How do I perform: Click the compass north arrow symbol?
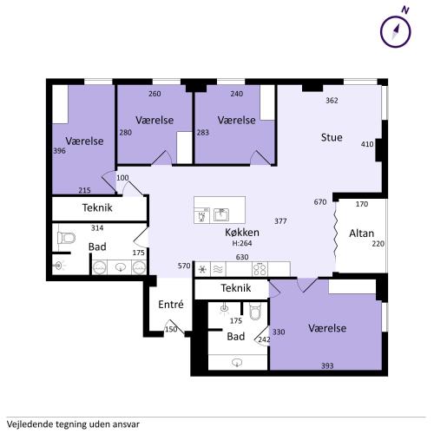coord(396,31)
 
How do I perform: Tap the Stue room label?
coord(332,137)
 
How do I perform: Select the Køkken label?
coord(242,232)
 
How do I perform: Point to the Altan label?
coord(361,233)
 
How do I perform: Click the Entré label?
coord(171,304)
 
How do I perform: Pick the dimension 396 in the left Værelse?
coord(59,151)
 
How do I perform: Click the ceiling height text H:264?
coord(242,243)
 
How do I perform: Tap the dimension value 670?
coord(320,202)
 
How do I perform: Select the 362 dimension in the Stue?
coord(332,101)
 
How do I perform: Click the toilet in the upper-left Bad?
coord(66,238)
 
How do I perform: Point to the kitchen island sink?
coord(221,214)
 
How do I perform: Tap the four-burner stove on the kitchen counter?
coord(260,269)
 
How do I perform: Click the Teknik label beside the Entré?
coord(236,288)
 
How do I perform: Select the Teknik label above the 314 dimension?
coord(97,207)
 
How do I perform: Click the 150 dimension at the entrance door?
coord(171,329)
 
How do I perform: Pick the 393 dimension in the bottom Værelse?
coord(327,365)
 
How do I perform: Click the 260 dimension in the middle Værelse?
coord(155,94)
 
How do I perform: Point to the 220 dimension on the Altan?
coord(378,244)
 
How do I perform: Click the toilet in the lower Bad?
coord(255,311)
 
